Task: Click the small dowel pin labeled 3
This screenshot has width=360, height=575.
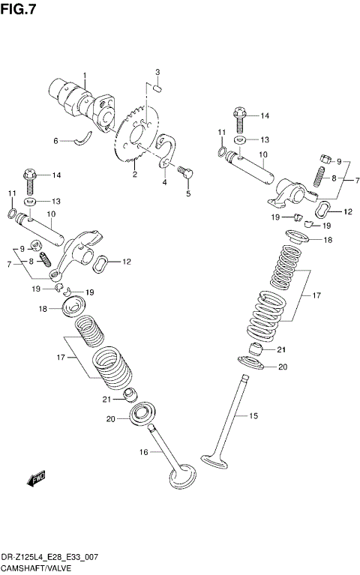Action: click(157, 87)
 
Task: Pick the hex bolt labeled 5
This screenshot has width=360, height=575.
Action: click(185, 172)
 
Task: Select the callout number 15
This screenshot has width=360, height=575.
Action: click(253, 415)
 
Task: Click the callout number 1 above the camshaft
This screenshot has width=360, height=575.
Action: click(85, 75)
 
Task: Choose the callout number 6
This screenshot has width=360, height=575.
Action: click(55, 140)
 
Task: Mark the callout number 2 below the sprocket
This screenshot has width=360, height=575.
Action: click(135, 175)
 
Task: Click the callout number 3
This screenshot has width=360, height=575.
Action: click(158, 72)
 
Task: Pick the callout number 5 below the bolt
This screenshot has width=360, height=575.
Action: click(188, 193)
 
